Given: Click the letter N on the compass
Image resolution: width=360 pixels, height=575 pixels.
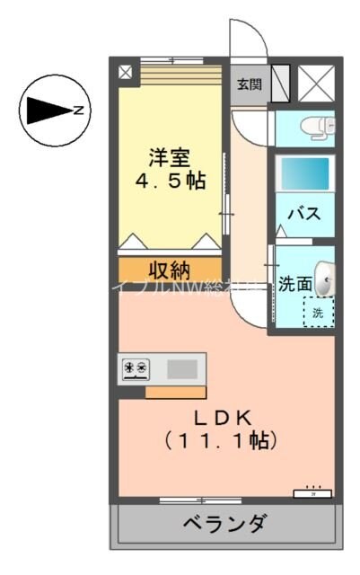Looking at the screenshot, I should [79, 111].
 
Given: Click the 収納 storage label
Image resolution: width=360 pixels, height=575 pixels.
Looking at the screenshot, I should [169, 270].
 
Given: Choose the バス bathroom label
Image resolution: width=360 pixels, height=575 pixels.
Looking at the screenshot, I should [305, 215].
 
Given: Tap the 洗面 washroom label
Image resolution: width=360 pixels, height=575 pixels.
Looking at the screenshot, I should [295, 285].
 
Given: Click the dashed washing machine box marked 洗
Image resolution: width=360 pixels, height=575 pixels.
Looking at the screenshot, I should [318, 312].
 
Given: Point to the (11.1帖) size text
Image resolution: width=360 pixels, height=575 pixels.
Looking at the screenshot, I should [220, 441].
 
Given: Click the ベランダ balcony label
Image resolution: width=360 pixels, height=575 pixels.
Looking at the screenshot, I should [225, 523].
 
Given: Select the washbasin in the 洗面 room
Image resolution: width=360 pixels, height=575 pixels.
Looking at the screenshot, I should [327, 277].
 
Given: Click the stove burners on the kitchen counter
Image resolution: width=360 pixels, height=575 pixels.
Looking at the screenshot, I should [136, 367].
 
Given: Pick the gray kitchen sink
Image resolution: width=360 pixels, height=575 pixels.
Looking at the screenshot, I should [181, 367].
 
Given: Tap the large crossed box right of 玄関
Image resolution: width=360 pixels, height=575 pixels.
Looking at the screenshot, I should [316, 84].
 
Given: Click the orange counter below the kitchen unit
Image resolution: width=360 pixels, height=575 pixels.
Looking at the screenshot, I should [175, 392].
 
